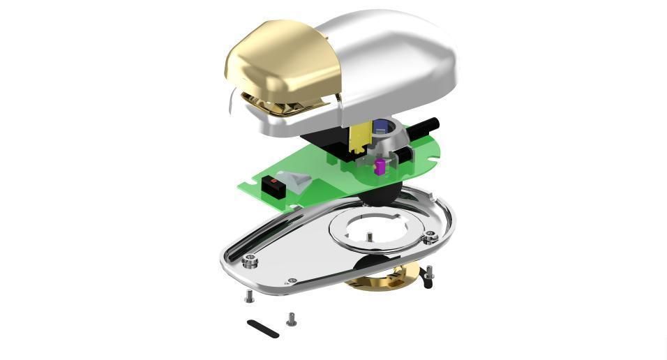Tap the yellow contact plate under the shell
tap(357, 137)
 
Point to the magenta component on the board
tap(380, 166)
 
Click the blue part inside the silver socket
tap(380, 127)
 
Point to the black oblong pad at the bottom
tap(263, 329)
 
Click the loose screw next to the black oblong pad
tap(292, 320)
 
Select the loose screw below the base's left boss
tap(249, 296)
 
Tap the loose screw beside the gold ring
tap(430, 271)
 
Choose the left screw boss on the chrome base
tap(249, 262)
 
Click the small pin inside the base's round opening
tap(368, 237)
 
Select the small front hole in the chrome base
tap(292, 280)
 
